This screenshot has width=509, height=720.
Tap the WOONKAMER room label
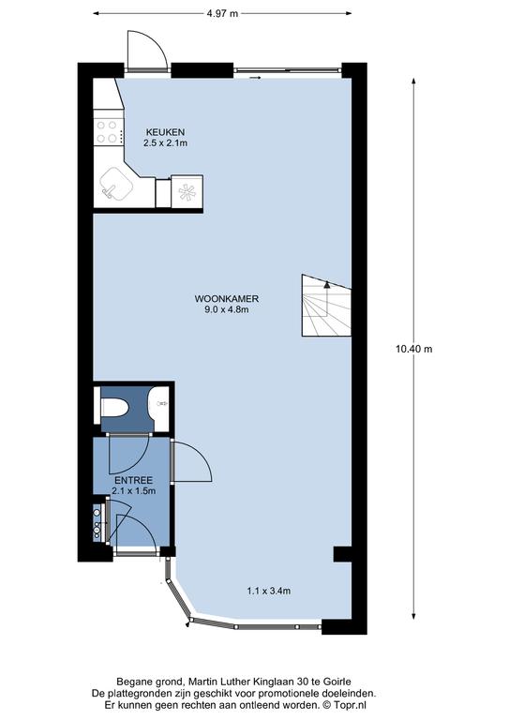(227, 299)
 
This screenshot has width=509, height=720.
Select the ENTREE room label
(133, 481)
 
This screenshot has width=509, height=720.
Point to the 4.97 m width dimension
(222, 13)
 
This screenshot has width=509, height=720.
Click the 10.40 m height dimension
(414, 349)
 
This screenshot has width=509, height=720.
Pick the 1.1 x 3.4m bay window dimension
(268, 591)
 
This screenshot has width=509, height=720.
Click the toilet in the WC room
(113, 406)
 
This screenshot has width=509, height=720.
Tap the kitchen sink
(116, 184)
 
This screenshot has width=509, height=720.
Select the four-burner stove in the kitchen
(109, 132)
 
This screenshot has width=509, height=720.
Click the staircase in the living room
(326, 306)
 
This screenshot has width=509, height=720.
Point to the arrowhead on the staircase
(327, 285)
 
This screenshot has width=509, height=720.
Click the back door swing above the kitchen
(147, 50)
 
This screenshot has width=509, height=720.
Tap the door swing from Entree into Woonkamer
(192, 461)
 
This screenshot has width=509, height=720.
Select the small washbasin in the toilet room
(161, 404)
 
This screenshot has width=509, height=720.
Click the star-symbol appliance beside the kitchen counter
(187, 192)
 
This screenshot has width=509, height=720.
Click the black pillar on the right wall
(342, 554)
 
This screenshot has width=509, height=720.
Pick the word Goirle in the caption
(339, 682)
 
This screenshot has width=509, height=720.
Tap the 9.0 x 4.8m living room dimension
(227, 309)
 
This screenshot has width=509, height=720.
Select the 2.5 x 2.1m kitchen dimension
(165, 142)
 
